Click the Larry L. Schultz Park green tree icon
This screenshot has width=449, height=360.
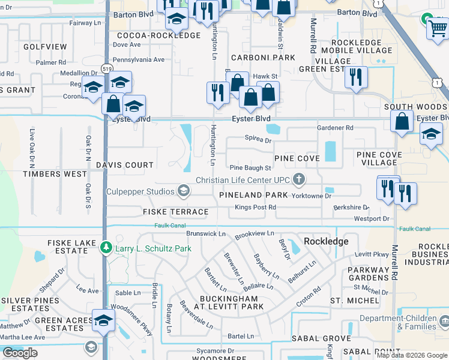click(x=106, y=247)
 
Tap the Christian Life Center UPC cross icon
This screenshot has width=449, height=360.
click(x=298, y=179)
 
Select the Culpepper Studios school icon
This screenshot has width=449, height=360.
click(x=184, y=191)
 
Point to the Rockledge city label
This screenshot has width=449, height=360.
click(x=326, y=241)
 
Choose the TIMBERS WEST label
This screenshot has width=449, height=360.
click(x=46, y=174)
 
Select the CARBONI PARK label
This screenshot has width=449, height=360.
click(x=264, y=58)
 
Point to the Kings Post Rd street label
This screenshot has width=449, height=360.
click(x=255, y=207)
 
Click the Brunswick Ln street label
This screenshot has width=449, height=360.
click(x=205, y=233)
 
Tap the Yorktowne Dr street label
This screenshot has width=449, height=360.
click(x=311, y=196)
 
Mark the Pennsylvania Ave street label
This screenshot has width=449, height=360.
click(x=139, y=59)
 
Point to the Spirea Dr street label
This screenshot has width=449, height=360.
click(x=258, y=140)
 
